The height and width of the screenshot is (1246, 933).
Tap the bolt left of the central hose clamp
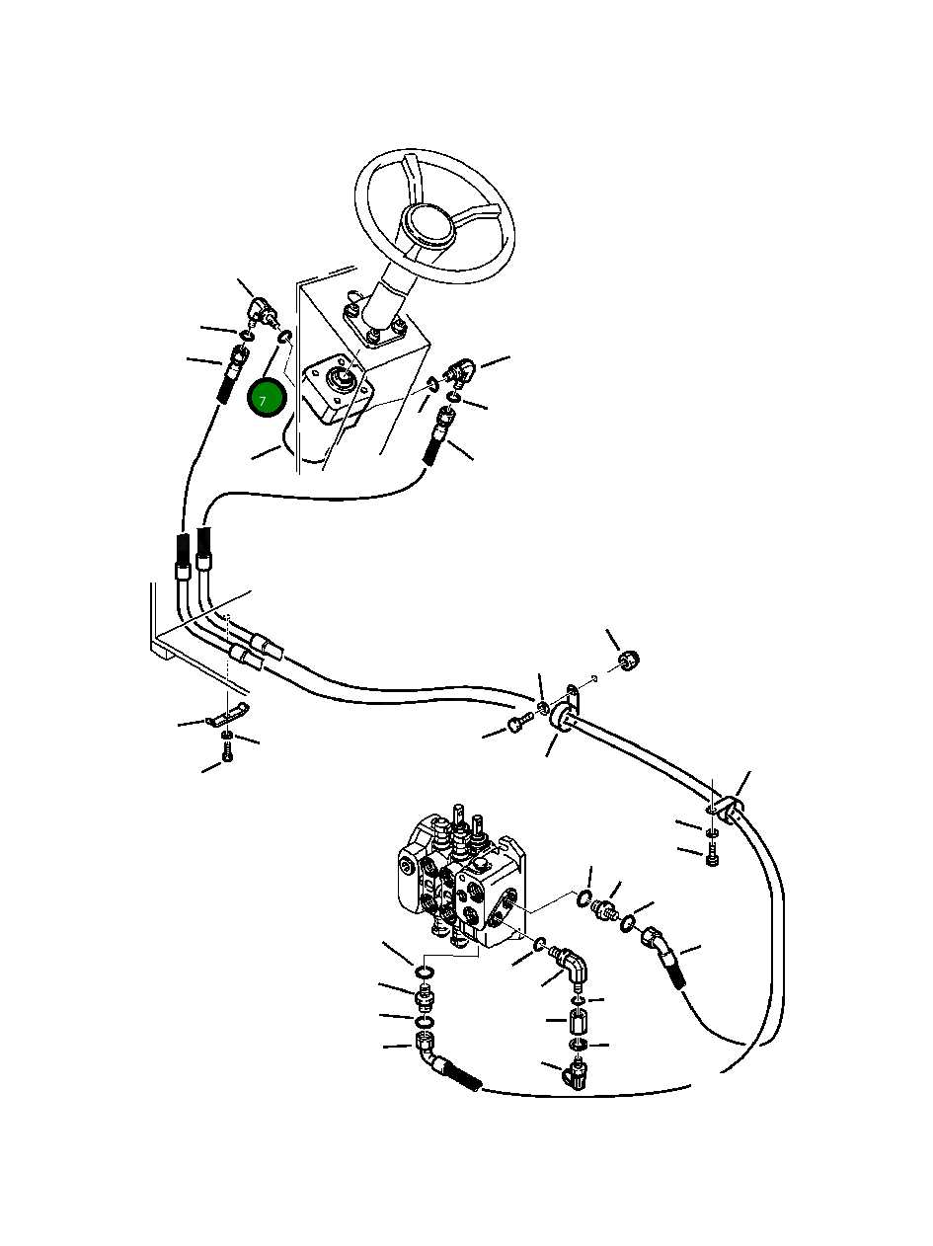(x=519, y=727)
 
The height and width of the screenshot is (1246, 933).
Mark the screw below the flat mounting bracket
(x=227, y=753)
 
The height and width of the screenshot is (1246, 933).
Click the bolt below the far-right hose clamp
(x=713, y=859)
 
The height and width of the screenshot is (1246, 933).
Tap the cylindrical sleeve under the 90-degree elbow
(x=579, y=1019)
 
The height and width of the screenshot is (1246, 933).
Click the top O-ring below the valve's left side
(x=424, y=974)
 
